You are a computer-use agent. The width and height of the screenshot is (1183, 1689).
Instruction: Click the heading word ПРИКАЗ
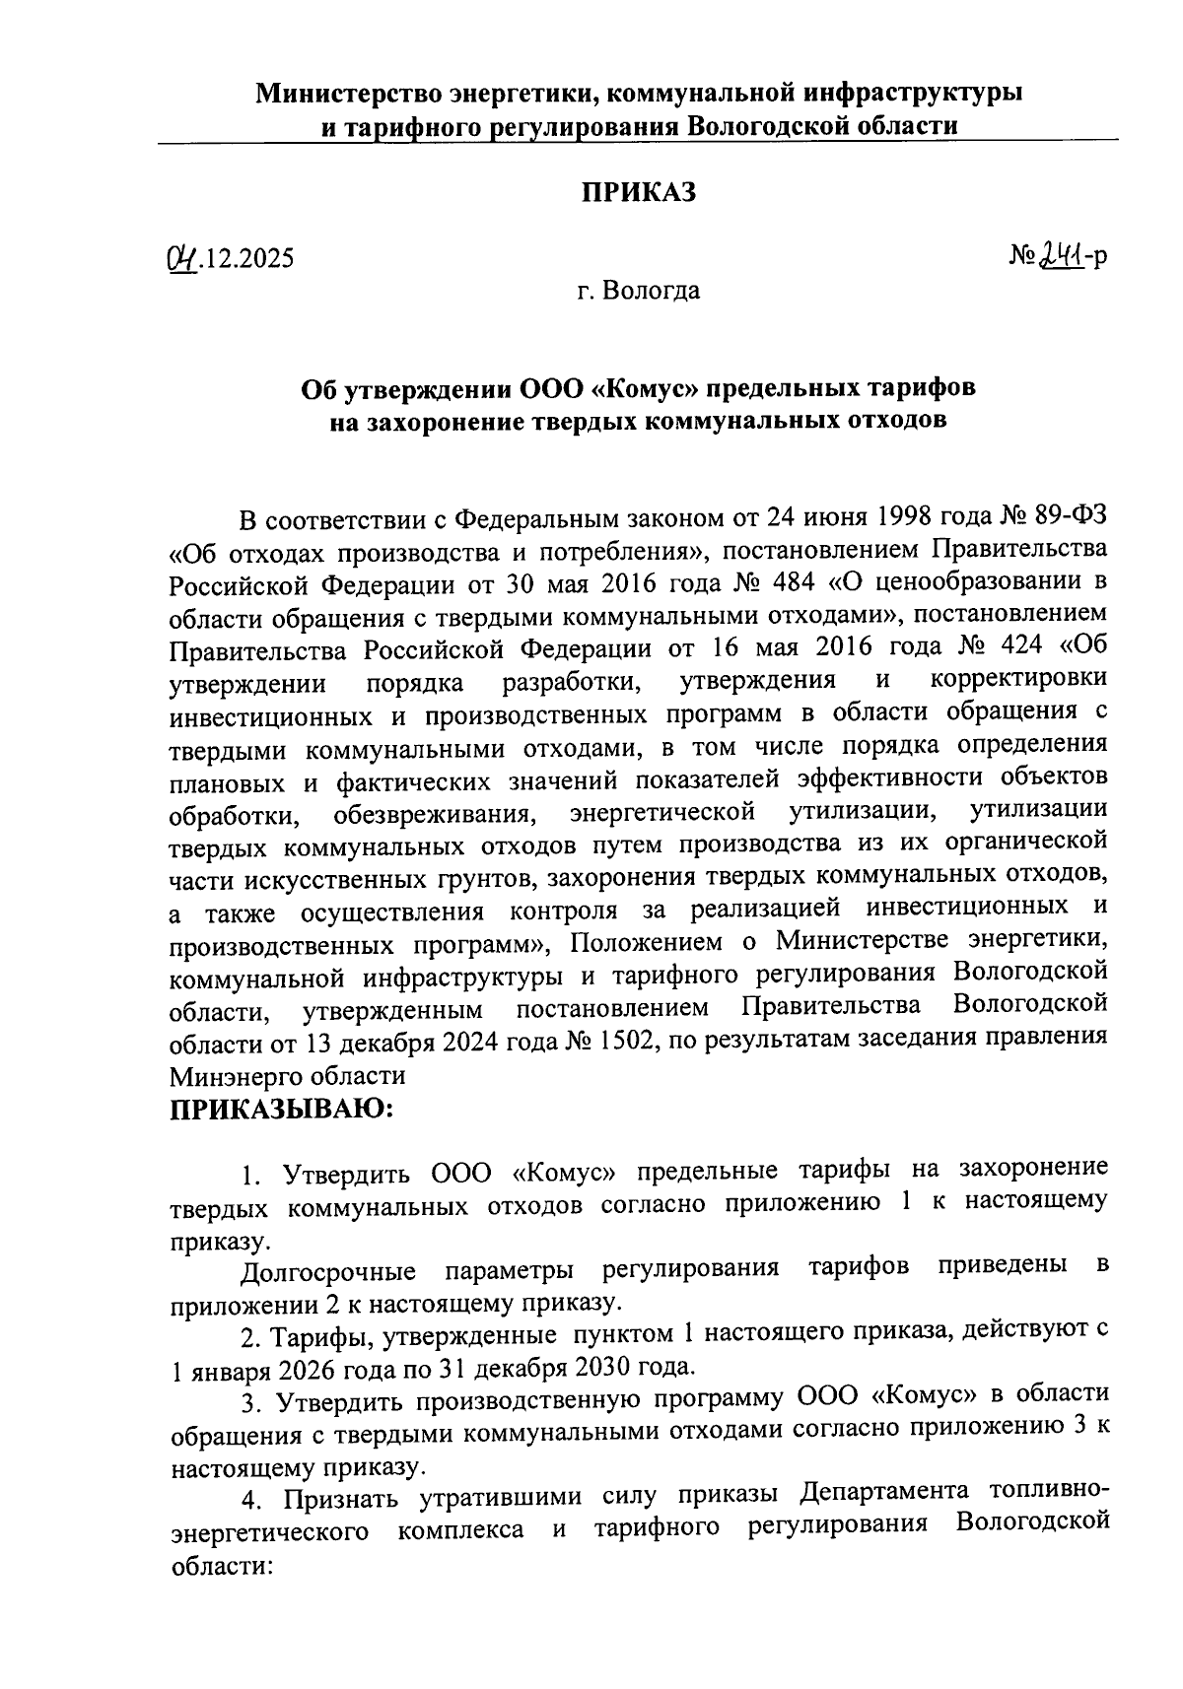pyautogui.click(x=637, y=192)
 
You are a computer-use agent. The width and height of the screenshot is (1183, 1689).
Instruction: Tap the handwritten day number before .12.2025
pyautogui.click(x=181, y=258)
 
